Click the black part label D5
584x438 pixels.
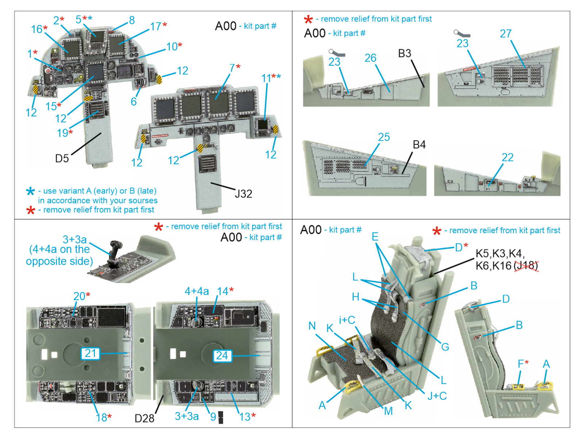[x=62, y=158]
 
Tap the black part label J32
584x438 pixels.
[x=243, y=193]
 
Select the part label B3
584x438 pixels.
[x=404, y=53]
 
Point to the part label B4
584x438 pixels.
[x=419, y=145]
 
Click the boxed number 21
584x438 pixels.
[x=90, y=353]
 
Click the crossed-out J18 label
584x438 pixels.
[x=526, y=265]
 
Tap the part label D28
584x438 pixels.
[x=144, y=418]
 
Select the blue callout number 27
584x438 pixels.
[x=506, y=34]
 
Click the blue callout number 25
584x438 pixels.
[x=384, y=137]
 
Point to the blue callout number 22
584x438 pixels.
[x=507, y=157]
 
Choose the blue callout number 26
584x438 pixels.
[x=370, y=58]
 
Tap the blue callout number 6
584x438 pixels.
[x=134, y=101]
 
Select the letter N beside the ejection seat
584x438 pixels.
[x=312, y=326]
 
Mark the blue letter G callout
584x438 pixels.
[x=445, y=347]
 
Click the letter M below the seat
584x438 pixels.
[x=388, y=411]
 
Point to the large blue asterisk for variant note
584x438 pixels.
[x=31, y=191]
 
